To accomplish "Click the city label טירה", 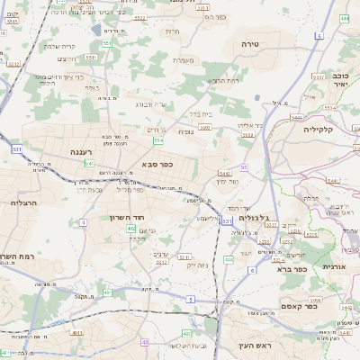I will (x=250, y=43).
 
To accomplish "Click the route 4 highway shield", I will (x=83, y=220).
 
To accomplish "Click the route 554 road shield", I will (x=158, y=140).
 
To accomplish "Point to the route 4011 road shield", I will (x=77, y=333).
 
